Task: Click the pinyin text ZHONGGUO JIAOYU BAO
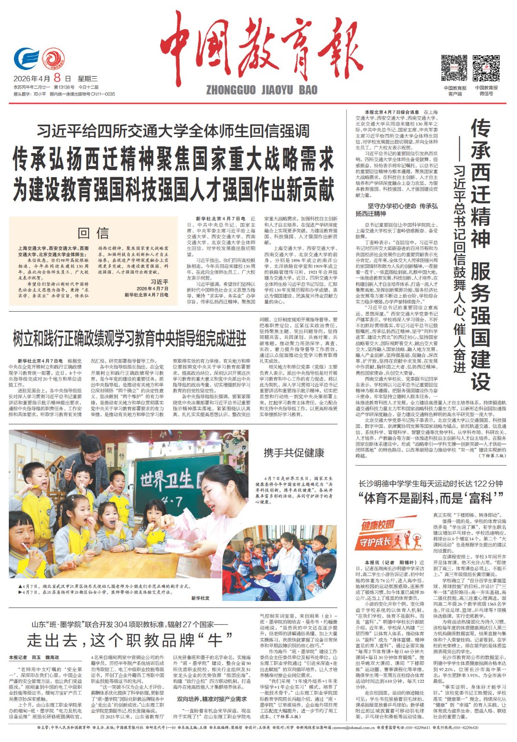261,90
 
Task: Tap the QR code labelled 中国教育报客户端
454,68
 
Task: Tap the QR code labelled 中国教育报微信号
486,68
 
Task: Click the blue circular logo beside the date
26,58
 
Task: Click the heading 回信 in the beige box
93,233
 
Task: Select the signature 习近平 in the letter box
159,281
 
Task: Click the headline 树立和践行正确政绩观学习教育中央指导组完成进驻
129,339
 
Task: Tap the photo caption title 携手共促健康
294,453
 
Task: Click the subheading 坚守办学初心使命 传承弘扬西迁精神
396,210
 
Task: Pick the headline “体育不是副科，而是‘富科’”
431,498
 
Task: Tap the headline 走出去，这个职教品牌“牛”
129,640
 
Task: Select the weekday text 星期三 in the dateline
88,78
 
